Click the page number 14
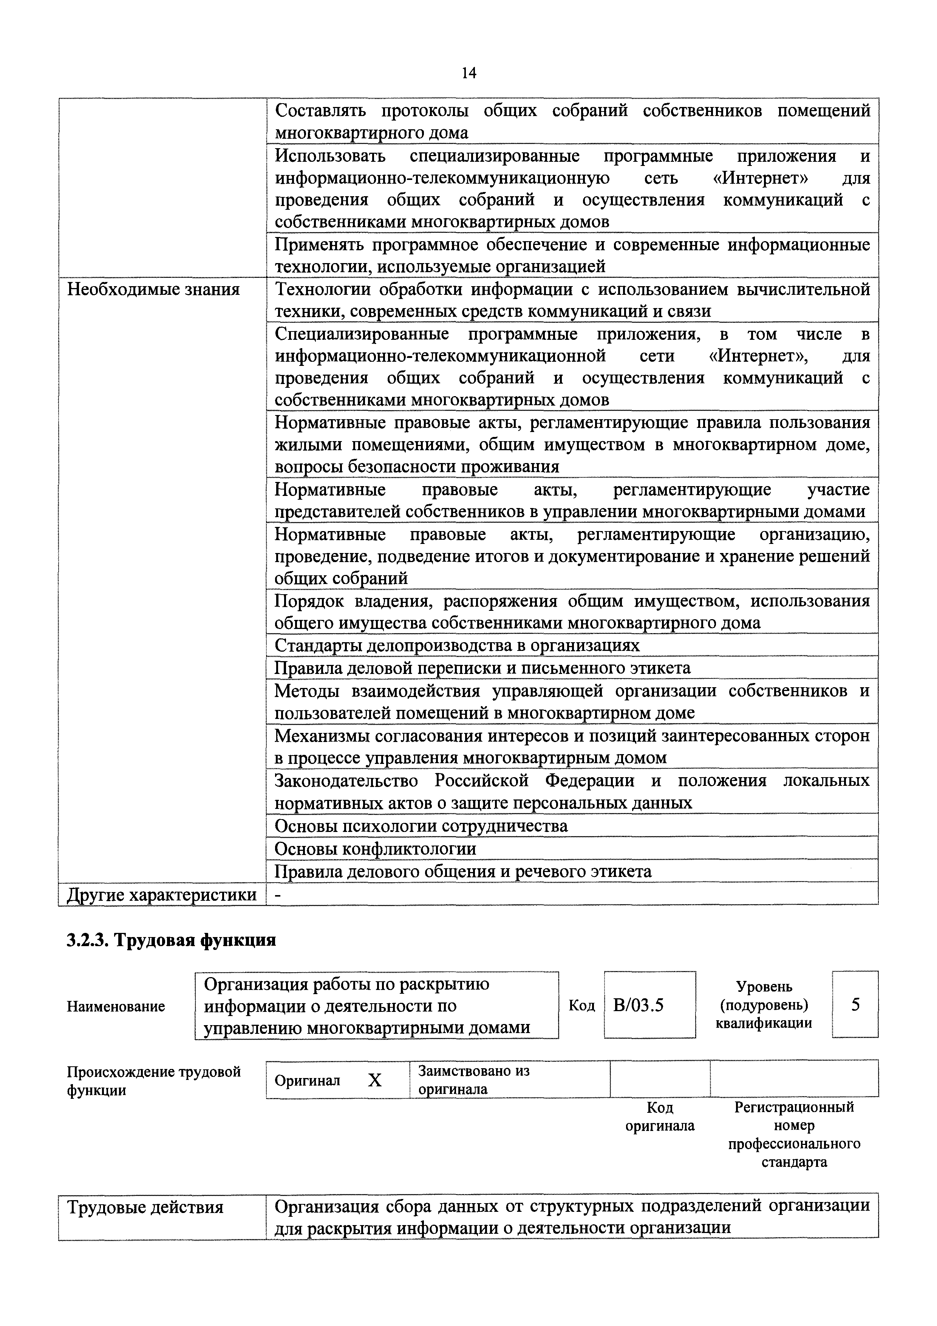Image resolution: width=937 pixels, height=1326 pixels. (468, 73)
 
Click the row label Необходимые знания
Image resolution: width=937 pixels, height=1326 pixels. (153, 289)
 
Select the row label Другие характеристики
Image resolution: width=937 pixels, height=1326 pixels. (162, 895)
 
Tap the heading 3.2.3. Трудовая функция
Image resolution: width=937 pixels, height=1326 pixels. (171, 940)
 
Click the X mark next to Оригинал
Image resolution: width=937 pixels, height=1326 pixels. (375, 1080)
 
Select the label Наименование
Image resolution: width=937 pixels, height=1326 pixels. (116, 1007)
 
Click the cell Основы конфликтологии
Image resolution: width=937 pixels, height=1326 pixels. (375, 848)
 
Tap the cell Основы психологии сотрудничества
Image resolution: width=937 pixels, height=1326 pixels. (421, 826)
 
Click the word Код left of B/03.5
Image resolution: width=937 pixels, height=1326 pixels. (581, 1005)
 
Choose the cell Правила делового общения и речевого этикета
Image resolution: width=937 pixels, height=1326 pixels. (462, 871)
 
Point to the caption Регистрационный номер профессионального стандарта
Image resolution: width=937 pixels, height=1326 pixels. (794, 1134)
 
